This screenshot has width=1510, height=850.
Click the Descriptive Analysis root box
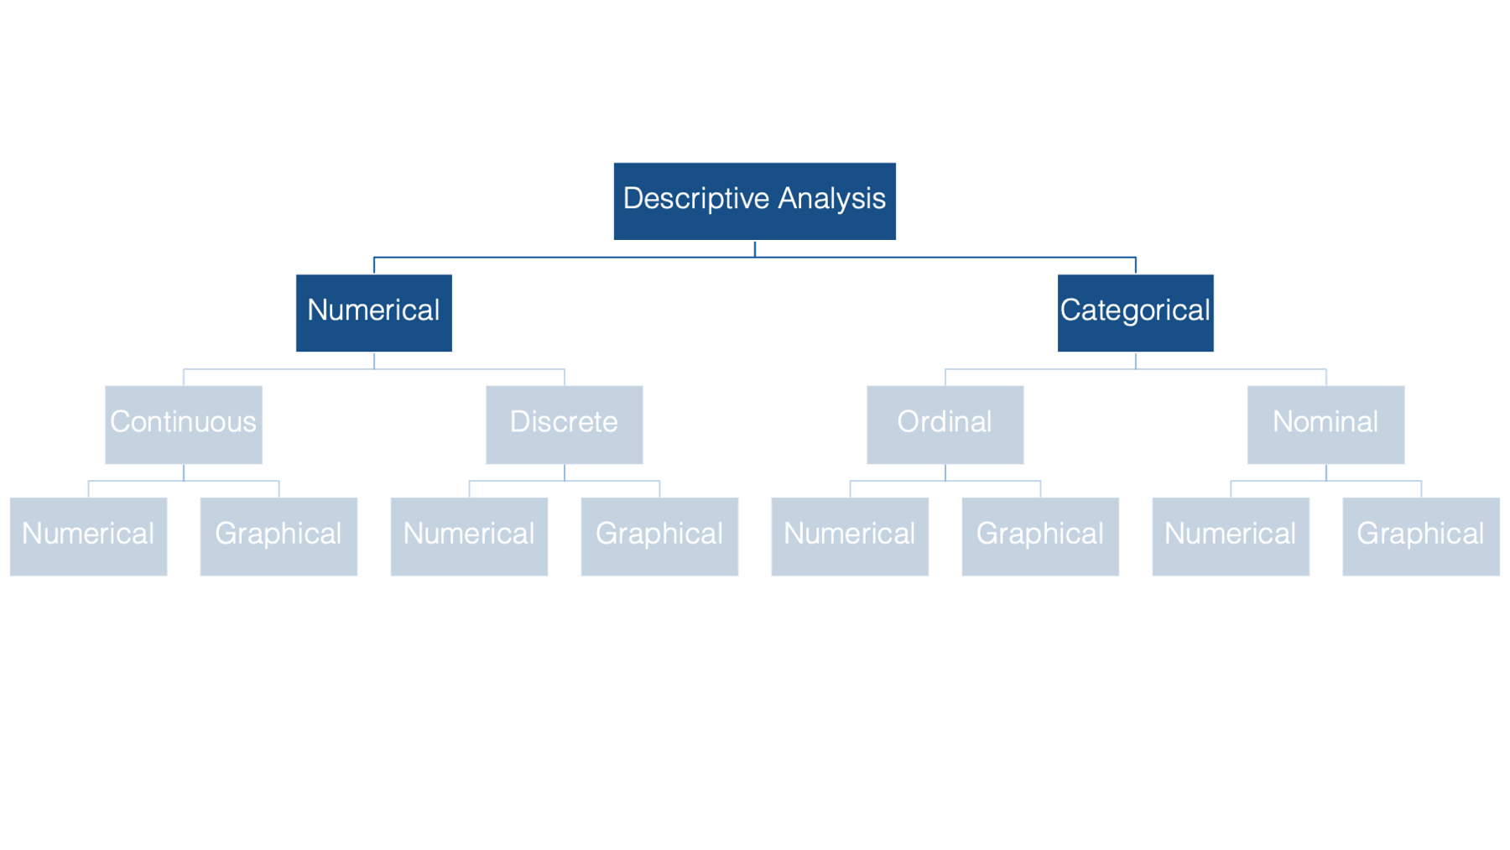(x=754, y=201)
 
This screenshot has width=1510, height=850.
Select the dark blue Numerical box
(x=374, y=313)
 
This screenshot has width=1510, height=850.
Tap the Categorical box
(x=1135, y=313)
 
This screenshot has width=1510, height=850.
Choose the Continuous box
(x=184, y=425)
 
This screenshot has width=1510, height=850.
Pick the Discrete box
(x=565, y=425)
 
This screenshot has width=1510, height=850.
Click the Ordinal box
(x=945, y=425)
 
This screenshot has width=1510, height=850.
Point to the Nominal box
(x=1326, y=425)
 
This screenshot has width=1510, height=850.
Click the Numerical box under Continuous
(x=88, y=537)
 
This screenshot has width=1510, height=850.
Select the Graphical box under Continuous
(x=279, y=537)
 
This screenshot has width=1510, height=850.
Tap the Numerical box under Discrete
(x=469, y=537)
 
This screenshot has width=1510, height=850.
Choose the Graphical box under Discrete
(x=659, y=537)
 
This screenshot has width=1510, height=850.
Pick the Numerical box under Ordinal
(x=850, y=537)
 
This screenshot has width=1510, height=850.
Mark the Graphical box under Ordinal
(x=1040, y=537)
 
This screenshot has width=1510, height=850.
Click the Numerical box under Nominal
(x=1231, y=537)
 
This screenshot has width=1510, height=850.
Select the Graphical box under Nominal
(x=1421, y=537)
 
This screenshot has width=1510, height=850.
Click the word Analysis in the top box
(x=831, y=200)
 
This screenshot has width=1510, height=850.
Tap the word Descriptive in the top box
(x=696, y=200)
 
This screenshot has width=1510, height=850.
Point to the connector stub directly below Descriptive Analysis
(x=755, y=249)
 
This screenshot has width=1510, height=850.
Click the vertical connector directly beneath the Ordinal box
(x=945, y=472)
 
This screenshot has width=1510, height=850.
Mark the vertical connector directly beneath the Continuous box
(x=184, y=472)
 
